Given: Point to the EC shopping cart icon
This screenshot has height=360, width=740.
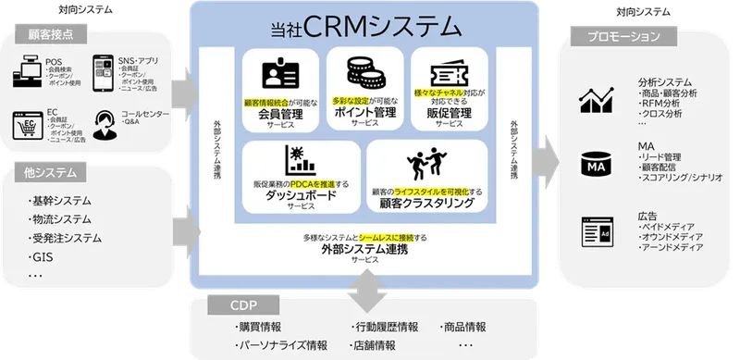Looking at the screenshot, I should click(28, 123).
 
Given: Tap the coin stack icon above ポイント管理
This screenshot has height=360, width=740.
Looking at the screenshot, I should click(364, 71).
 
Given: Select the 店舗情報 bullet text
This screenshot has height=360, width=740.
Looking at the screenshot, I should click(374, 344).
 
